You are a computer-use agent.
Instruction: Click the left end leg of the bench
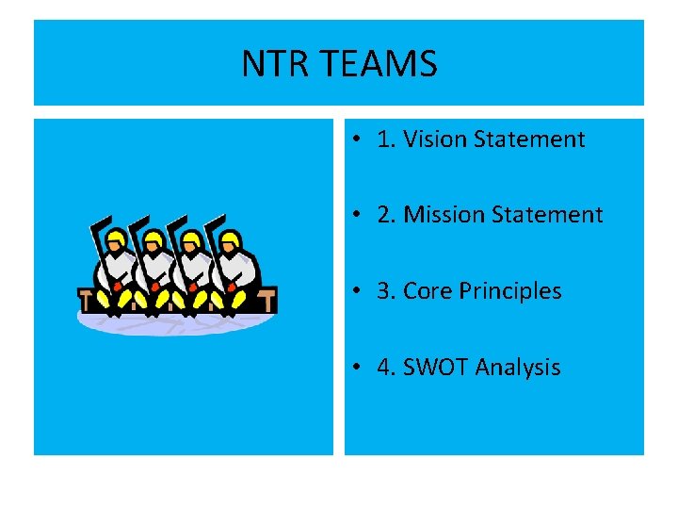point(86,302)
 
